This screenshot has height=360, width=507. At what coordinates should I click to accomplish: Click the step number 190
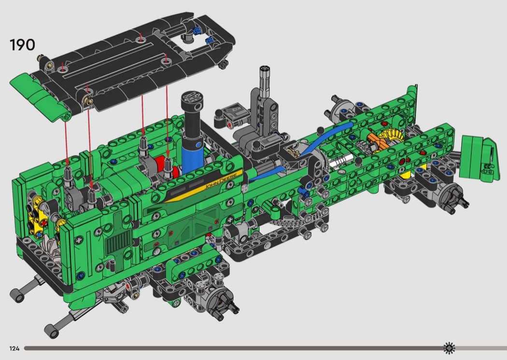click(22, 44)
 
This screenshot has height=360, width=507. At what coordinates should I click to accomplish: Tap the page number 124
click(14, 348)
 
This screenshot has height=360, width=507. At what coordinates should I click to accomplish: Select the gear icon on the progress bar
click(449, 348)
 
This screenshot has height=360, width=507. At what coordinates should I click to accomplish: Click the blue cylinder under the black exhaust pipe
click(193, 156)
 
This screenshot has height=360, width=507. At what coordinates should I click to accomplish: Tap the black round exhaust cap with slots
click(192, 101)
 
